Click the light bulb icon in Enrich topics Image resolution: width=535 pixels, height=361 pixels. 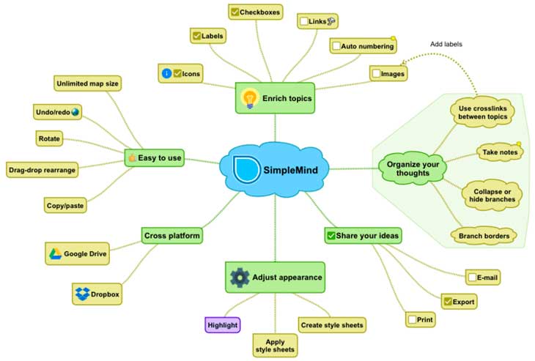pos(250,98)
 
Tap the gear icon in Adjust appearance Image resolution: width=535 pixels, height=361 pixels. pos(240,278)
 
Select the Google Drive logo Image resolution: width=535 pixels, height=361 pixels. pos(55,253)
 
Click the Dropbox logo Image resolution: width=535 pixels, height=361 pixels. pos(82,294)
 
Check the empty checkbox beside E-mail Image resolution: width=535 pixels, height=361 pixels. pos(472,277)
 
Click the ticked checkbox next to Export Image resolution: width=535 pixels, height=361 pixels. pos(448,302)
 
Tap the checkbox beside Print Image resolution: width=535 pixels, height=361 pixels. pos(412,319)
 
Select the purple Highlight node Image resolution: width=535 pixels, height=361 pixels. pos(223,325)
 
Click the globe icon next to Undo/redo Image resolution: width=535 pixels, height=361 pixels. pos(75,112)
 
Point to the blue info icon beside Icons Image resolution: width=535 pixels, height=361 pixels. pos(166,73)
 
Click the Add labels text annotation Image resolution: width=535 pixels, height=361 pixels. pos(446,44)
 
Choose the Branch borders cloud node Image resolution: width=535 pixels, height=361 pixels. pos(484,236)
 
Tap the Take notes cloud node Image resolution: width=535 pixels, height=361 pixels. pos(500,152)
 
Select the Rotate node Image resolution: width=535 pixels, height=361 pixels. pos(49,138)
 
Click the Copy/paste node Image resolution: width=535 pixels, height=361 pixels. pos(65,205)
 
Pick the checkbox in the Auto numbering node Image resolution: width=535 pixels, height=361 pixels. pos(336,45)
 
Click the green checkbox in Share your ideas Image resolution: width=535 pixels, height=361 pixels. pos(331,236)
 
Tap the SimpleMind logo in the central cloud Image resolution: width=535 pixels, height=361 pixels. pos(246,169)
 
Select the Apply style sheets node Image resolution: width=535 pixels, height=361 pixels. pos(275,346)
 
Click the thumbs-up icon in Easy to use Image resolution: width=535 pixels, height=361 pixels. pos(133,157)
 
